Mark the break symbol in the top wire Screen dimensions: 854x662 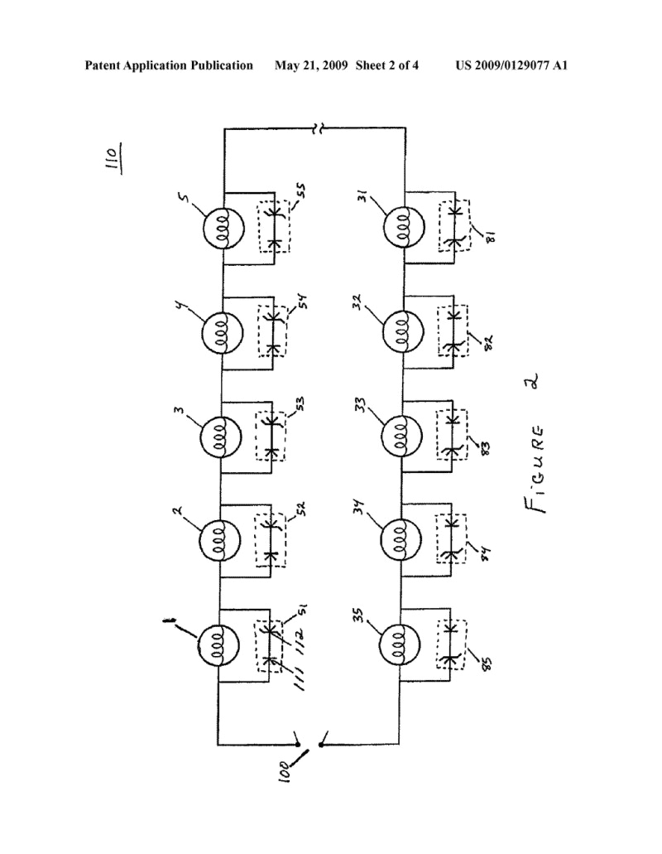click(318, 128)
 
